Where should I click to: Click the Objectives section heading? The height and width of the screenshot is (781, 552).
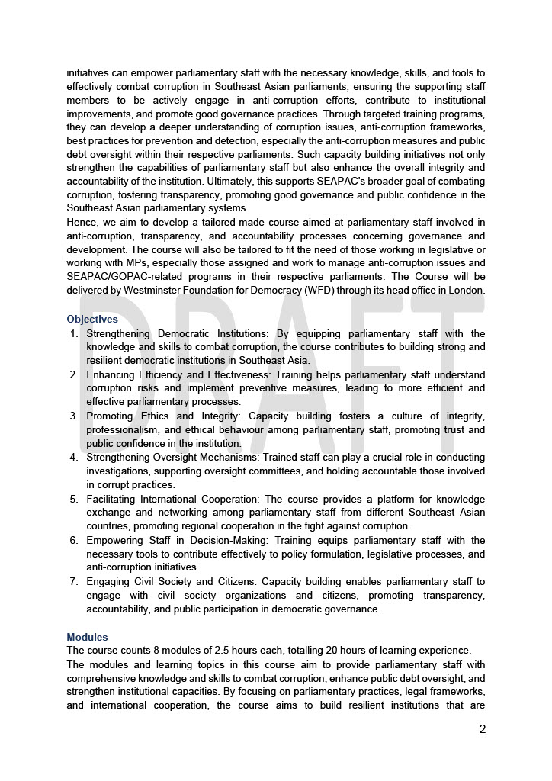[92, 319]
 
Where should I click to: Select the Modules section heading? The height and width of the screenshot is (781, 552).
[87, 637]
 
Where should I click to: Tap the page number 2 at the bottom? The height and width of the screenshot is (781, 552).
[482, 728]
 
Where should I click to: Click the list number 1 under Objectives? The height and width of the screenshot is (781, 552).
[74, 333]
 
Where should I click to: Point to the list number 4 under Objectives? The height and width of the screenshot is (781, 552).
[74, 458]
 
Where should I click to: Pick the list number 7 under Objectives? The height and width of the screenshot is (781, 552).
[74, 582]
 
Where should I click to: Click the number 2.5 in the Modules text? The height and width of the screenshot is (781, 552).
[206, 651]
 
